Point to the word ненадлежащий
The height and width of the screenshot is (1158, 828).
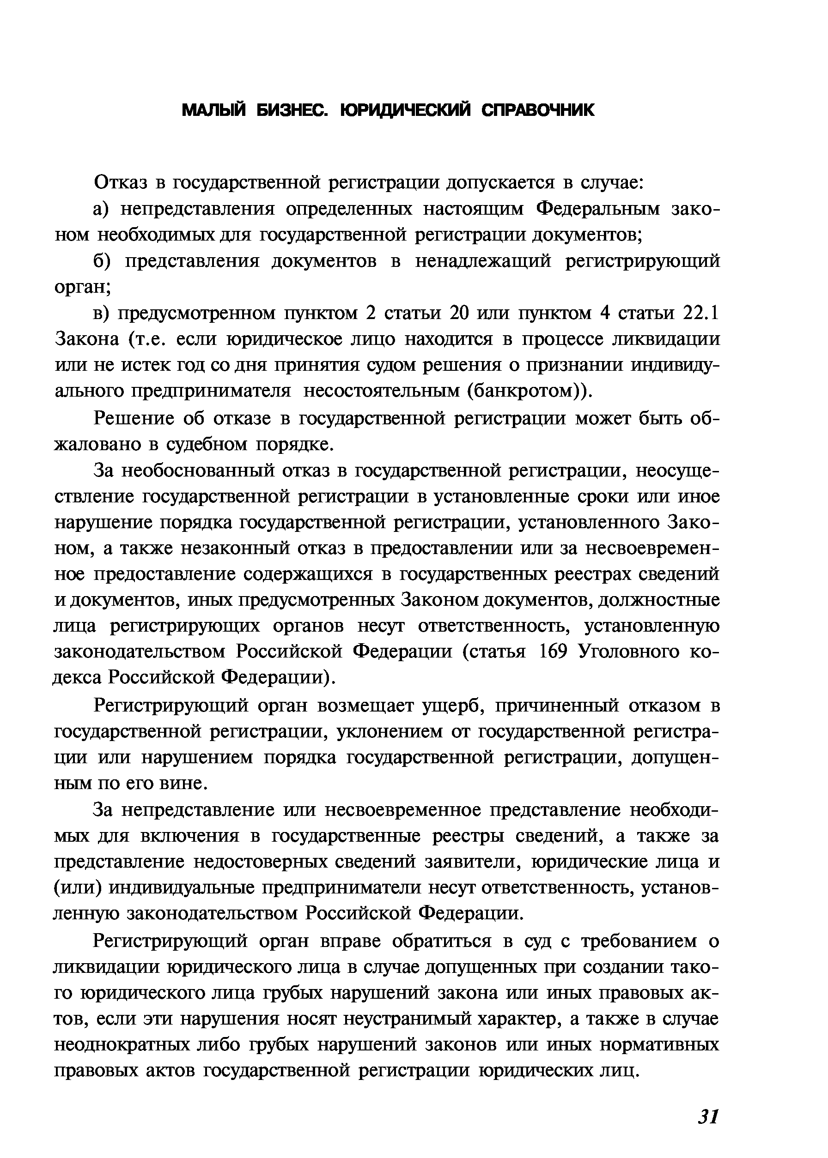click(483, 261)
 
